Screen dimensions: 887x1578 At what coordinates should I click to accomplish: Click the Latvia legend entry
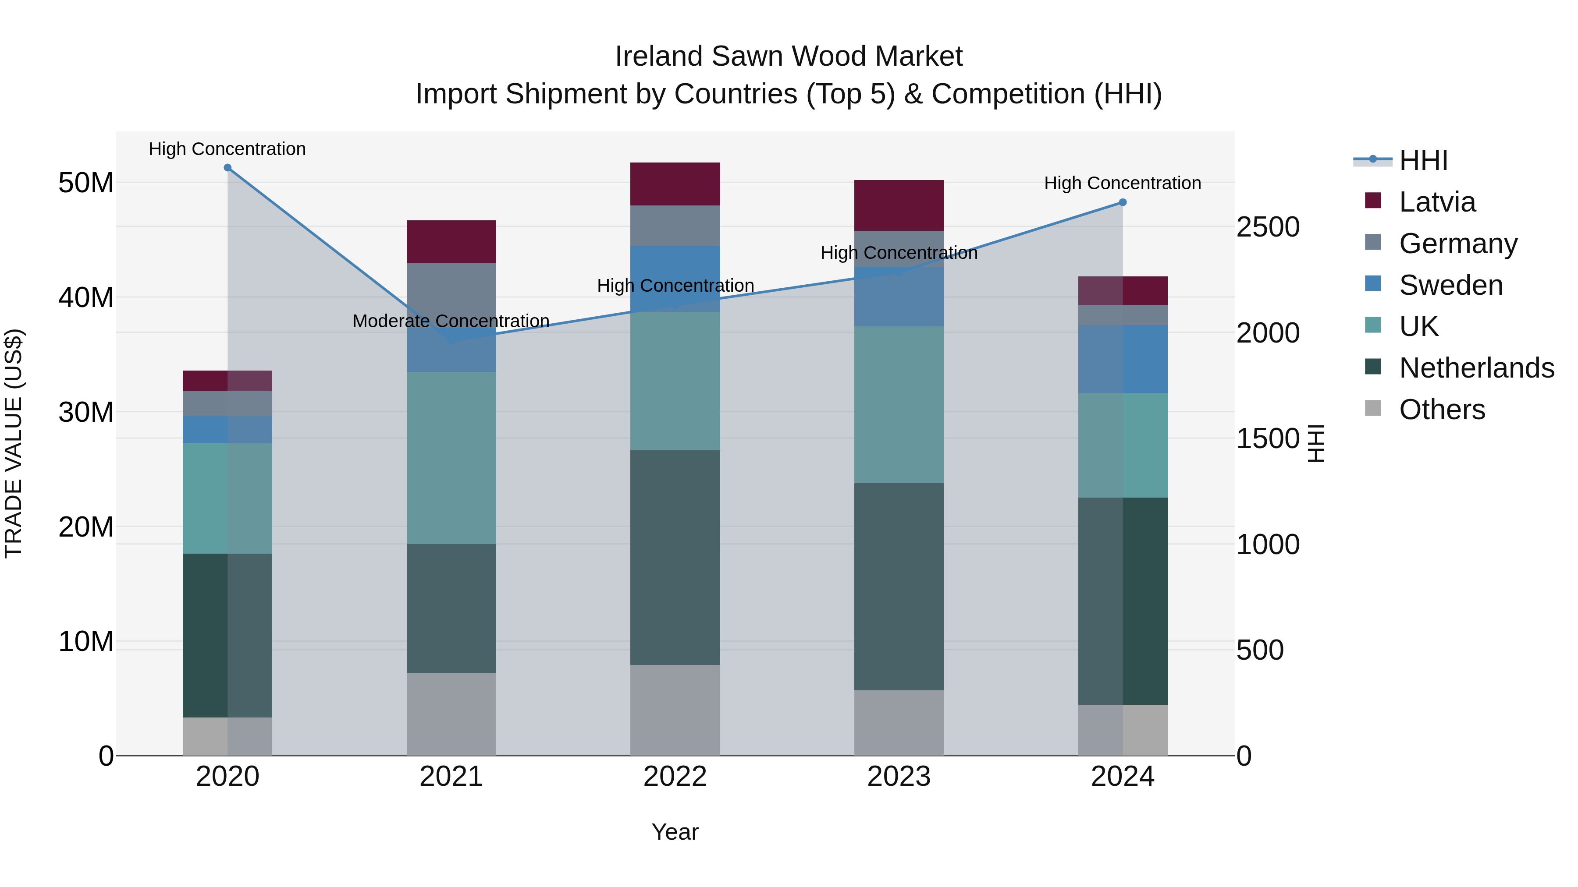coord(1436,202)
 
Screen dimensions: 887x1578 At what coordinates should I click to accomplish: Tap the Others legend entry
coord(1441,410)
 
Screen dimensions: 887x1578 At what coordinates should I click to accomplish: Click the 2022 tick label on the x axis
coord(675,777)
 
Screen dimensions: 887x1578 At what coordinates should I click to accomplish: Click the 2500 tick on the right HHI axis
coord(1267,227)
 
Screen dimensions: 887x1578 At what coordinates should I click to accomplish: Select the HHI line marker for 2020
coord(227,168)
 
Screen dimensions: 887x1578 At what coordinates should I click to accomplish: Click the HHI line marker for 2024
coord(1122,203)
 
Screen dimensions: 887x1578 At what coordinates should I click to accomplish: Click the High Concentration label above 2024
coord(1122,183)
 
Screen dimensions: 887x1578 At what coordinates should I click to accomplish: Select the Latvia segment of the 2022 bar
coord(675,184)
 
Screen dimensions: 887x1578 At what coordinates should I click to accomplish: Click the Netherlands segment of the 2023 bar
coord(899,587)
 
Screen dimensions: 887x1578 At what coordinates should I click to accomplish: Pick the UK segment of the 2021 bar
coord(451,458)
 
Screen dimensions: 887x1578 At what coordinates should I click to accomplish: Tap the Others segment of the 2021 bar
coord(451,714)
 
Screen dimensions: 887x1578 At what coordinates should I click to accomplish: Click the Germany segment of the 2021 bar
coord(451,288)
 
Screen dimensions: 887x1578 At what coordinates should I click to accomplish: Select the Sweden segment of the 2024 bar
coord(1122,359)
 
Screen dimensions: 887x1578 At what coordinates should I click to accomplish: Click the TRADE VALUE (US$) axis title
coord(14,443)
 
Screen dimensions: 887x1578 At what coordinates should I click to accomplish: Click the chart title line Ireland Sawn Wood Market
coord(789,57)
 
